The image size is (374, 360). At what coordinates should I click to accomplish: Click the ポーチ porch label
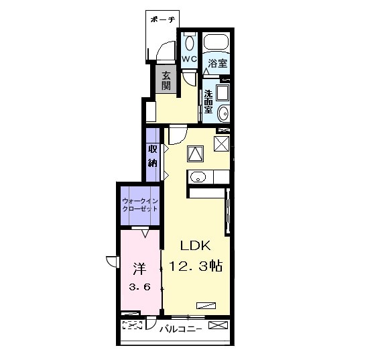163,19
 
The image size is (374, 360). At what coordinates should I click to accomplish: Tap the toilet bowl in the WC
189,43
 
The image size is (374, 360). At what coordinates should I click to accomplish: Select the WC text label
190,59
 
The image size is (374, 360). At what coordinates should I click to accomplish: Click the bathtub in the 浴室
216,42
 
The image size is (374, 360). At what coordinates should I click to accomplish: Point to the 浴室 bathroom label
218,64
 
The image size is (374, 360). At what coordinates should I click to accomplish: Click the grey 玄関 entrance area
166,79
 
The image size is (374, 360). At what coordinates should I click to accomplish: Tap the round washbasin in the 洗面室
223,113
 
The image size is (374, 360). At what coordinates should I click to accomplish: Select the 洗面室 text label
208,102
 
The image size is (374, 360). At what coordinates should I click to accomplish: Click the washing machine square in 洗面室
223,92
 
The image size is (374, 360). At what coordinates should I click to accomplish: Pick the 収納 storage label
153,156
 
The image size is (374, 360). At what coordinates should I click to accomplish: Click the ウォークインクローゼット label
140,205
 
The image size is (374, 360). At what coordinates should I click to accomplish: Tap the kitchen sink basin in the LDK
198,177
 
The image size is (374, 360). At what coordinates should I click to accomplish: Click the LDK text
195,245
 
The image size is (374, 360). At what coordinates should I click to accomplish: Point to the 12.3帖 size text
196,266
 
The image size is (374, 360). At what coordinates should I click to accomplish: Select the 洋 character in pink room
139,269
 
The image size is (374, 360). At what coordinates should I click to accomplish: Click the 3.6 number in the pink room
140,287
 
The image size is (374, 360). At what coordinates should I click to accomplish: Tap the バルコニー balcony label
181,329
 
